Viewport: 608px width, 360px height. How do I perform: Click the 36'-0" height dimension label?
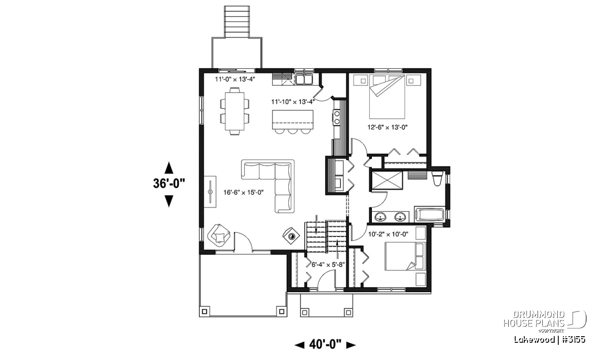[169, 183]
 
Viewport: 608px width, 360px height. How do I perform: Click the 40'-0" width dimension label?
[325, 344]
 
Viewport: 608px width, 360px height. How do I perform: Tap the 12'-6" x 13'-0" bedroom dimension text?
[388, 127]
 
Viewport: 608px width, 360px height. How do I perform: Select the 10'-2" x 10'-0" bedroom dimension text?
[388, 234]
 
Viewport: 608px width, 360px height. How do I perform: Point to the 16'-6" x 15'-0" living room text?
[244, 192]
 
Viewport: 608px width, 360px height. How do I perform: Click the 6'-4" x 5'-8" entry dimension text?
[328, 264]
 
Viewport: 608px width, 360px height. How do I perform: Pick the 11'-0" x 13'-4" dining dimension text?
[235, 79]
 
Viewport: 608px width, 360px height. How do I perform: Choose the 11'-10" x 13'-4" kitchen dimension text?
[293, 102]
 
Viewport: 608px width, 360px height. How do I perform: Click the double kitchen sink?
[304, 79]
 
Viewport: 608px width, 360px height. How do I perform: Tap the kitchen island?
[293, 119]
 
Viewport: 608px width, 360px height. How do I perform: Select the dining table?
[235, 111]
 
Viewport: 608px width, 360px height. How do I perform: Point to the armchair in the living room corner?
[219, 235]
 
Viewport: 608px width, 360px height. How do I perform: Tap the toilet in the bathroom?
[437, 178]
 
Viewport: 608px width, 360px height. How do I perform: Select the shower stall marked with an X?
[387, 180]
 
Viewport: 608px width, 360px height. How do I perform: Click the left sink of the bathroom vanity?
[381, 217]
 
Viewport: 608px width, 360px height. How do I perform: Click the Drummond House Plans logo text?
[534, 319]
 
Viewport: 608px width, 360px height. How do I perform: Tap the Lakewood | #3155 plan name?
[550, 339]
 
